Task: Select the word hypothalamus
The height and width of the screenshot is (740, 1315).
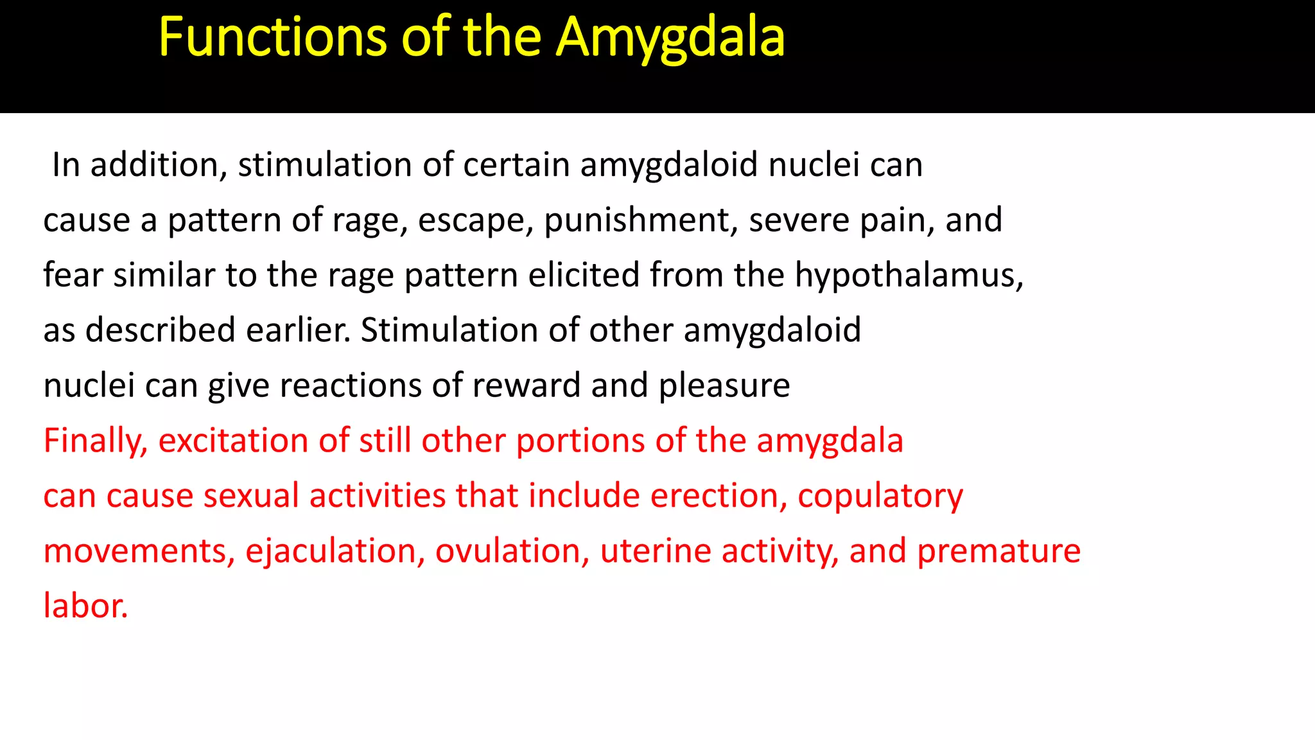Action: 909,275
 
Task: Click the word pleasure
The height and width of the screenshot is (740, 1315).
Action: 724,385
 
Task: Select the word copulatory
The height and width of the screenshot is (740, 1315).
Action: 880,496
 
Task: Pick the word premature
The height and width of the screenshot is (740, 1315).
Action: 998,551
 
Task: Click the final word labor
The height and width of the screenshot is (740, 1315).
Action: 85,606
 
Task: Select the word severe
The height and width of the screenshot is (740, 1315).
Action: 799,220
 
